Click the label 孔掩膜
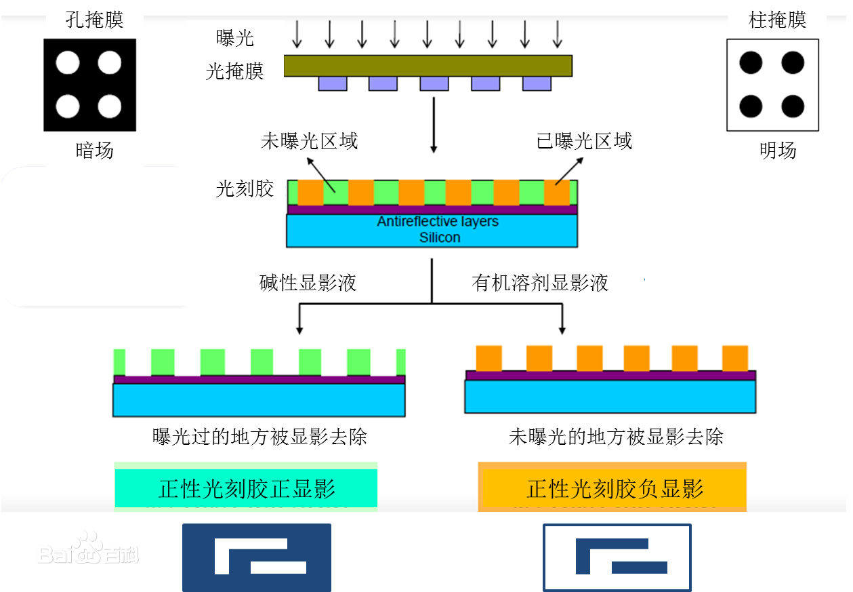click(x=94, y=20)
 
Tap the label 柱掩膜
click(x=777, y=20)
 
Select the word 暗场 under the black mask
click(x=94, y=150)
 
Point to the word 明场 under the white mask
click(x=778, y=150)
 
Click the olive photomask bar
click(x=428, y=66)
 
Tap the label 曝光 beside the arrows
click(x=234, y=38)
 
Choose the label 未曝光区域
click(x=309, y=141)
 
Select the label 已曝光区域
click(x=584, y=141)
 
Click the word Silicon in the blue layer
click(x=440, y=237)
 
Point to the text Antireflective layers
click(x=438, y=221)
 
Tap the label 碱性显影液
click(x=308, y=283)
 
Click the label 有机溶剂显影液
click(x=540, y=283)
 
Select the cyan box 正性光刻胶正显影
click(x=246, y=488)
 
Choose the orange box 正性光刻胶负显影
click(x=612, y=488)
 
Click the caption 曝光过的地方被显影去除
click(x=259, y=437)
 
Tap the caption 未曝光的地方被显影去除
click(x=616, y=437)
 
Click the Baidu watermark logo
click(x=88, y=549)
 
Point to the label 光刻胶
click(x=245, y=189)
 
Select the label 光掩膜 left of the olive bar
click(x=234, y=71)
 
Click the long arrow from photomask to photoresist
click(x=434, y=125)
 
